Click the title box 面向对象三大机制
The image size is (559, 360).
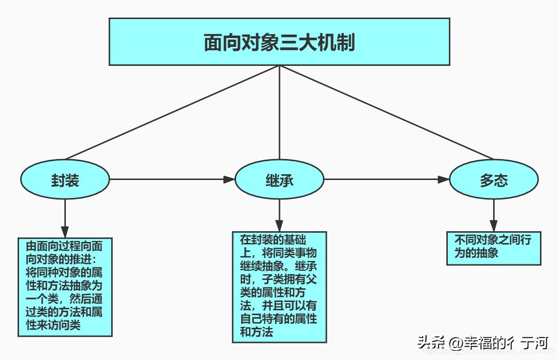[279, 42]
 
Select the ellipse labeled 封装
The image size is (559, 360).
[65, 180]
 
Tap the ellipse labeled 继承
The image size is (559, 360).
[279, 180]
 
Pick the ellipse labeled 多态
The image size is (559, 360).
[494, 180]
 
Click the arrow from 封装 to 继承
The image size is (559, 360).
[171, 180]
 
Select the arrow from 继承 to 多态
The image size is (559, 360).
[385, 180]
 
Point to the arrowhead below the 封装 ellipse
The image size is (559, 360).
[65, 231]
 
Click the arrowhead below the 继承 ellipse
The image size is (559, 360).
[279, 225]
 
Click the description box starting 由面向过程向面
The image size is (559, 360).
[65, 287]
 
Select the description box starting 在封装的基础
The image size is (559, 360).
[279, 286]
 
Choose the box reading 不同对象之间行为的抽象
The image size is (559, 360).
[494, 247]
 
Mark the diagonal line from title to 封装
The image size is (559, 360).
[171, 113]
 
